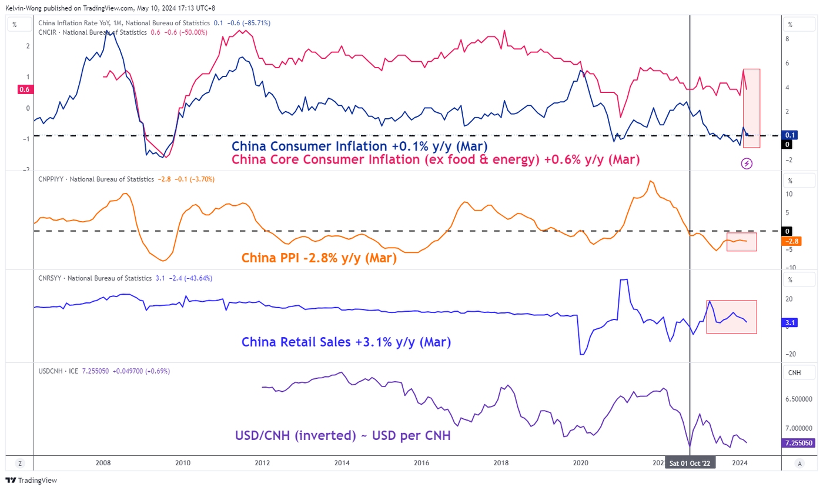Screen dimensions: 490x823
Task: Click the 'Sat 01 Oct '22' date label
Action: (691, 463)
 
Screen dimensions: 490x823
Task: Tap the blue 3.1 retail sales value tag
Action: (790, 323)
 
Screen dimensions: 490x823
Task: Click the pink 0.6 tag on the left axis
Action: (25, 89)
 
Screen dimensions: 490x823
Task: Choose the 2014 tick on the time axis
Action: (343, 463)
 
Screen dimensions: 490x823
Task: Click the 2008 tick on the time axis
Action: (103, 463)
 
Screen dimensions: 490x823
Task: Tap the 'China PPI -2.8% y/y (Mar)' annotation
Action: (319, 258)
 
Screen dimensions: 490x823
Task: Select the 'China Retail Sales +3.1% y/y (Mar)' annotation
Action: (346, 342)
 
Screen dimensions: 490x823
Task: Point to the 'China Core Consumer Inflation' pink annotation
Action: (435, 159)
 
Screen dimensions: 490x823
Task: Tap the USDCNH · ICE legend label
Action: (56, 371)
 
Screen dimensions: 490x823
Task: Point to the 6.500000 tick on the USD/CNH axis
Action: (801, 399)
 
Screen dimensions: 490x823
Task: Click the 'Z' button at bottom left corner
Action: (20, 463)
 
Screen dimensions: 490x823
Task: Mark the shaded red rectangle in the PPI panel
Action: (741, 242)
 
